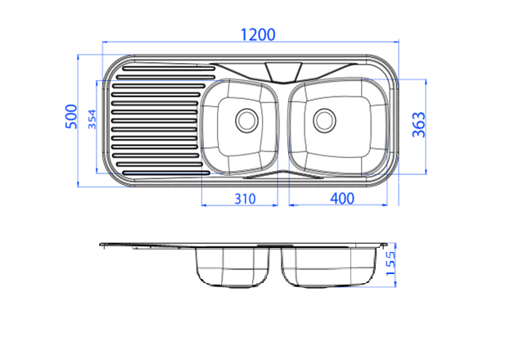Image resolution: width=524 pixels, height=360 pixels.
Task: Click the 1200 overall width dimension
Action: [x=258, y=34]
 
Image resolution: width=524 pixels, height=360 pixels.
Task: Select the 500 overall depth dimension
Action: [x=71, y=116]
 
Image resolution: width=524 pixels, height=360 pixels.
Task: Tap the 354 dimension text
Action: [x=92, y=119]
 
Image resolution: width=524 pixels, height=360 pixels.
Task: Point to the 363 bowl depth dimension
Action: [x=418, y=124]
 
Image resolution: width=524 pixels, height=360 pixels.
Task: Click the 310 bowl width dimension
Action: [x=245, y=199]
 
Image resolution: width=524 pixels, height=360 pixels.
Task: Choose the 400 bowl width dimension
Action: [x=342, y=198]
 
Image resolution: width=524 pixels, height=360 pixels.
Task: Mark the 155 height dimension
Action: [x=391, y=263]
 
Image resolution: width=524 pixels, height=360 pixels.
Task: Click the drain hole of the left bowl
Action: [x=246, y=120]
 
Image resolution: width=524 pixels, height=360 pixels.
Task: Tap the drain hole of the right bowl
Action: [x=324, y=120]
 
